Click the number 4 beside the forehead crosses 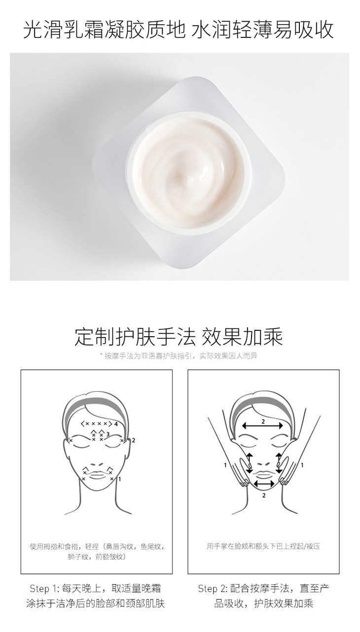point(116,424)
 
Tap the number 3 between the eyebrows point(108,434)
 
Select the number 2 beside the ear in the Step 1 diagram point(134,440)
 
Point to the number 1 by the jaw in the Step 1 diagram point(120,479)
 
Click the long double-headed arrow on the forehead point(262,426)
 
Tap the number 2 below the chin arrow point(264,495)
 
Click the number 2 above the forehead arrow point(263,421)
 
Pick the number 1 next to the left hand point(225,465)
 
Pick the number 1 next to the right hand point(302,465)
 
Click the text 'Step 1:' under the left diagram point(43,589)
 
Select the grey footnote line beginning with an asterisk point(179,356)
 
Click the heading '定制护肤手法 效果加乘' point(179,336)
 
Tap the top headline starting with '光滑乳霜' point(179,30)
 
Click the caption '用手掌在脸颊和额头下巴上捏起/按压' point(263,546)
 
